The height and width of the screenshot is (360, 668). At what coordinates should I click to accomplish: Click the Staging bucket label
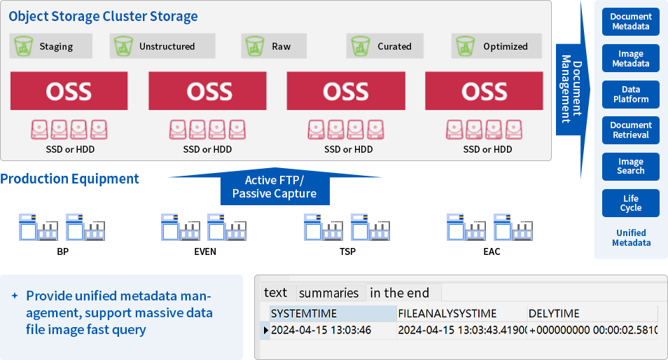tap(56, 47)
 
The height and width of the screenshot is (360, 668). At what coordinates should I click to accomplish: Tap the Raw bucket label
tap(281, 47)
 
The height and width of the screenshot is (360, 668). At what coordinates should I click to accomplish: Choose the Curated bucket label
tap(394, 47)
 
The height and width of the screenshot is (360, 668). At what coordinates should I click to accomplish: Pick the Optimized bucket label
tap(505, 47)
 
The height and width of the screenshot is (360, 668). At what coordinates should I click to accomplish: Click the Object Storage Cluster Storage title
tap(103, 16)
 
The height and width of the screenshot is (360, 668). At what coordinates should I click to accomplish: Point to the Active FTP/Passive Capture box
tap(274, 187)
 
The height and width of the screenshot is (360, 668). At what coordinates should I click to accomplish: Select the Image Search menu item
tap(630, 166)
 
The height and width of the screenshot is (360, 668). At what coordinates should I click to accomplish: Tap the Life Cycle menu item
tap(630, 203)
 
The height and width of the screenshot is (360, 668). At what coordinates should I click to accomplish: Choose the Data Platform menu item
tap(630, 95)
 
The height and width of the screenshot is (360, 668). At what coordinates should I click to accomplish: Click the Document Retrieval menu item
tap(630, 130)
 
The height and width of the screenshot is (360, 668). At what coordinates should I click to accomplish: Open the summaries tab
tap(328, 293)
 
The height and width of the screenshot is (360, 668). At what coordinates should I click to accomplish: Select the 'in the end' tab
tap(399, 293)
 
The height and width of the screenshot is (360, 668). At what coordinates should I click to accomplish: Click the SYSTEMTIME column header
tap(303, 314)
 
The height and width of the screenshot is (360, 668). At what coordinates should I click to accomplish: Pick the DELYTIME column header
tap(554, 314)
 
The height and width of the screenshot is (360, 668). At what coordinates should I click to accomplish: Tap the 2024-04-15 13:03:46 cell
tap(321, 331)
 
